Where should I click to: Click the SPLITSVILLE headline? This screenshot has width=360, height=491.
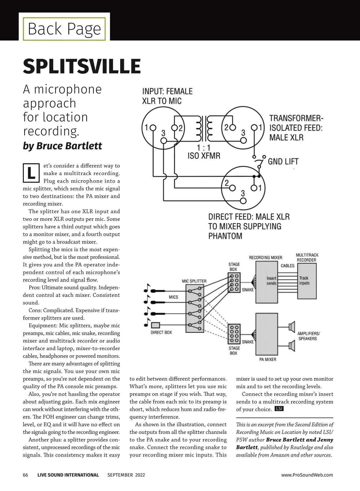pyautogui.click(x=82, y=66)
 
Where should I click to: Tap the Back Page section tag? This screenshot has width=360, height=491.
pyautogui.click(x=64, y=29)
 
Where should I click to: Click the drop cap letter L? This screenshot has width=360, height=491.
pyautogui.click(x=31, y=173)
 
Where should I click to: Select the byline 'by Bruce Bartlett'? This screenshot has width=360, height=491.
pyautogui.click(x=62, y=146)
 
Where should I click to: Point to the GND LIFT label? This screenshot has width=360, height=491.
pyautogui.click(x=283, y=162)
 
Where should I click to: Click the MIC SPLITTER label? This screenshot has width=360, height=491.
pyautogui.click(x=194, y=281)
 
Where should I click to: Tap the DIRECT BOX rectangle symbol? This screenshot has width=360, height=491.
pyautogui.click(x=156, y=325)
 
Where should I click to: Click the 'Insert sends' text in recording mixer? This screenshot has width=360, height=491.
pyautogui.click(x=271, y=281)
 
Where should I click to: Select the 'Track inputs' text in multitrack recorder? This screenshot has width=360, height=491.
pyautogui.click(x=304, y=280)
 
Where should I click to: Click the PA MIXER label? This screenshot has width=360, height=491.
pyautogui.click(x=268, y=359)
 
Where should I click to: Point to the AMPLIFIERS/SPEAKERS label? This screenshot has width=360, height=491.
pyautogui.click(x=308, y=336)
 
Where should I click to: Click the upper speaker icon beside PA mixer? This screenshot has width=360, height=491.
pyautogui.click(x=292, y=327)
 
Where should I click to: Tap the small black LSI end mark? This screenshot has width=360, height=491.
pyautogui.click(x=279, y=409)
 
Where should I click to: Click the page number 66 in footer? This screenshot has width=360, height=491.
pyautogui.click(x=25, y=475)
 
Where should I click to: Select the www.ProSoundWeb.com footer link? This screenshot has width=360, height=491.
pyautogui.click(x=307, y=475)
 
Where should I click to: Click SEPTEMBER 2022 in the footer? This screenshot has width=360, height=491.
pyautogui.click(x=126, y=475)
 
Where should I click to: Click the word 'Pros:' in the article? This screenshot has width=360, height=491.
pyautogui.click(x=34, y=287)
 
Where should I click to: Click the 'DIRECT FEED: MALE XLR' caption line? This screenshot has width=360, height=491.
pyautogui.click(x=249, y=217)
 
